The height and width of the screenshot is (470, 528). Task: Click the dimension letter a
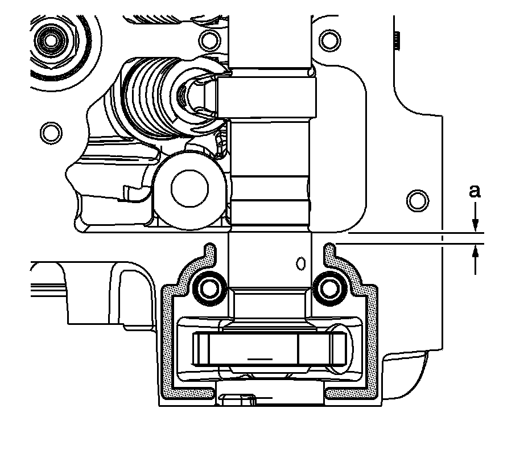click(475, 192)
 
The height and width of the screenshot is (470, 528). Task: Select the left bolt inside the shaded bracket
click(209, 288)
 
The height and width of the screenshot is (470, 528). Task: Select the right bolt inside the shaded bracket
click(329, 288)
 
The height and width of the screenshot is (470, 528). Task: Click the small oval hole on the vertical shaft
click(302, 263)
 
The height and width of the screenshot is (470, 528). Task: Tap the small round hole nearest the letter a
click(417, 200)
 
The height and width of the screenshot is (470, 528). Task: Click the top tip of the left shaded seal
click(209, 246)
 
